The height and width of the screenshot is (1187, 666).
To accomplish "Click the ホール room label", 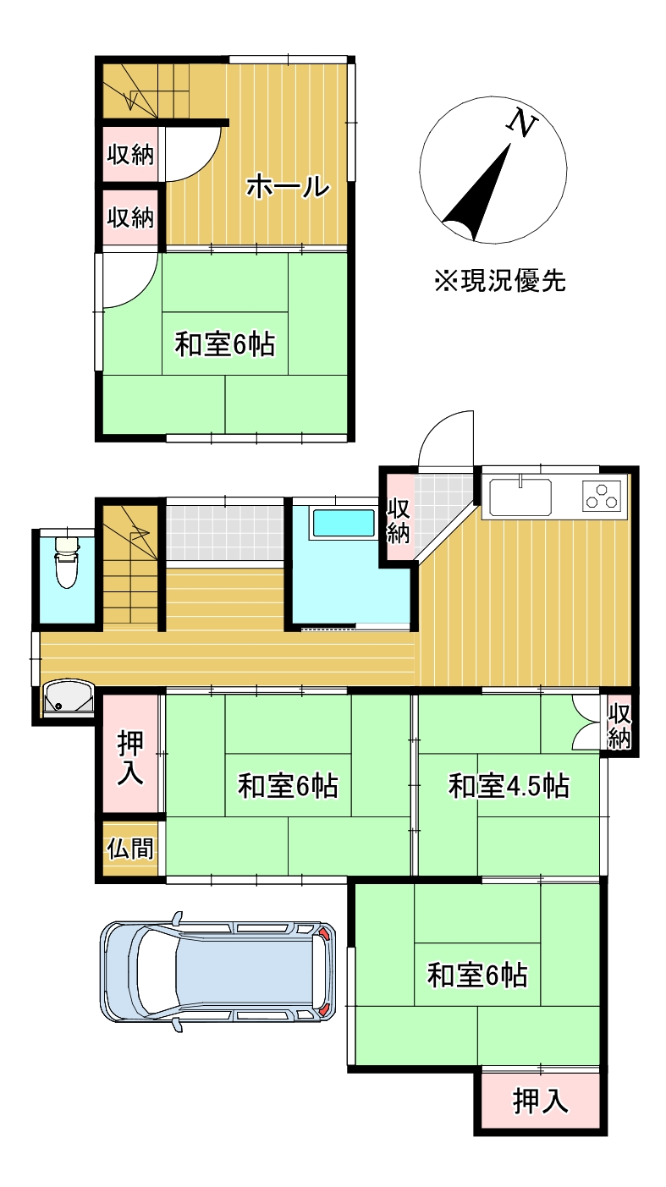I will tap(287, 187).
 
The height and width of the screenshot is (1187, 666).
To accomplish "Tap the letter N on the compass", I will tap(523, 124).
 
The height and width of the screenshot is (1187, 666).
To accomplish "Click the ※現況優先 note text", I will tap(499, 280).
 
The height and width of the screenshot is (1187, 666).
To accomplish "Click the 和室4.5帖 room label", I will tap(508, 786).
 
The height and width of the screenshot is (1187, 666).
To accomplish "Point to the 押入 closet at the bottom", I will tap(541, 1101).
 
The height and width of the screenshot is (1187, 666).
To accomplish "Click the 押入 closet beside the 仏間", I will tap(130, 757).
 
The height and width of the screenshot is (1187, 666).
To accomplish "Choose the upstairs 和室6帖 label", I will tap(225, 344).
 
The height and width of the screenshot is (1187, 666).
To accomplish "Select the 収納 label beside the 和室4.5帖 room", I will tap(619, 724).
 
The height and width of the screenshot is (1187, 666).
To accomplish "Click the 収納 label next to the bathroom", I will tap(399, 521).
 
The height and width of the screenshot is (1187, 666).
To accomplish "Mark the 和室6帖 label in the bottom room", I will tap(477, 975).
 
